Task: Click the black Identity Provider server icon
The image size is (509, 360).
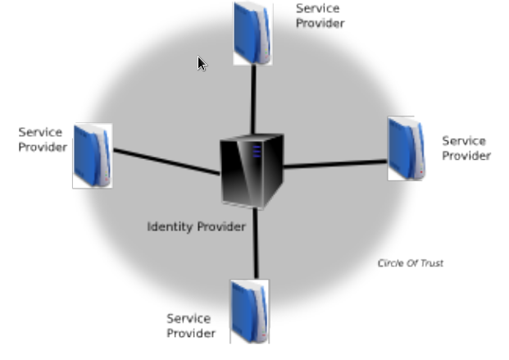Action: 251,171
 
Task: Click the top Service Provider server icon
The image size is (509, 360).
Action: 252,33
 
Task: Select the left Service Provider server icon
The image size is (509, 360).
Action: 92,156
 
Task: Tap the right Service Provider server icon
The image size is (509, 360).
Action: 406,148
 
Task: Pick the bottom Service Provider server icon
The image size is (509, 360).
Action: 249,311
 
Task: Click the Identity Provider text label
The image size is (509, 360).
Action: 196,226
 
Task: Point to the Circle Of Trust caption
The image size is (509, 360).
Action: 410,263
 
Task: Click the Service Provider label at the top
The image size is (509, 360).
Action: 320,16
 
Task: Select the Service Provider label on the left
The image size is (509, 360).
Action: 42,139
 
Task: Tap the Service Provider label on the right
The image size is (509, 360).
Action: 466,148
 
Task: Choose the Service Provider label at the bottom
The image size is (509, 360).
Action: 191,326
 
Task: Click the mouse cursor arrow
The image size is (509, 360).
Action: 202,63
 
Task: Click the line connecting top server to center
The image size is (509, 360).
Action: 253,98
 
